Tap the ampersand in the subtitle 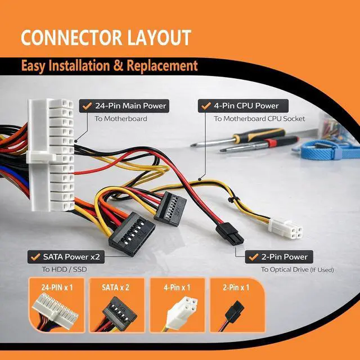119,66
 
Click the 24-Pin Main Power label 124,106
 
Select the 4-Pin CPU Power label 243,106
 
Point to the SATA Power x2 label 66,257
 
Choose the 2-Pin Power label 279,257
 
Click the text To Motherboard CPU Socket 259,119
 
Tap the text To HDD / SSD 64,269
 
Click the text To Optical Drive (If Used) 298,269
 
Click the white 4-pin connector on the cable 286,229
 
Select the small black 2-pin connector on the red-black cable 230,234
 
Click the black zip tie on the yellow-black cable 231,200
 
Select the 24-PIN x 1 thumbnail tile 57,305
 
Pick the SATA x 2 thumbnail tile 117,305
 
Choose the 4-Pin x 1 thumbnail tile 178,305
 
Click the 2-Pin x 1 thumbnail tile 237,305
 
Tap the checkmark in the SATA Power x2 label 35,256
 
